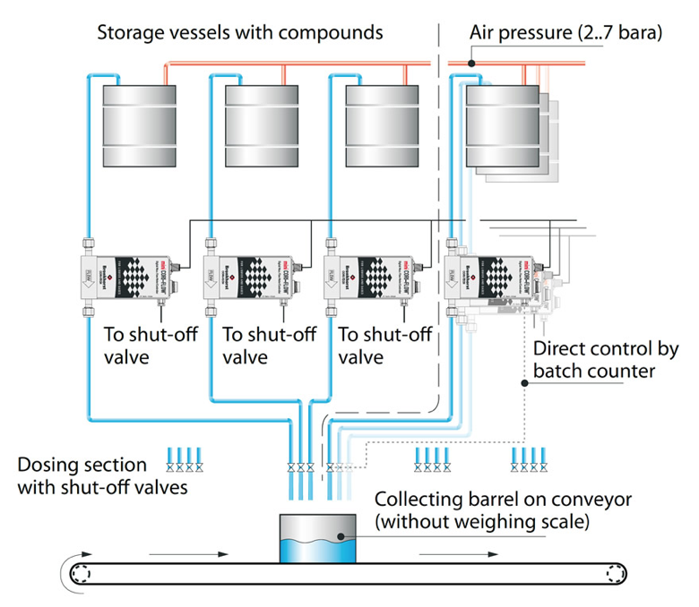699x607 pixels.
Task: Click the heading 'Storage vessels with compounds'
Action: click(x=240, y=33)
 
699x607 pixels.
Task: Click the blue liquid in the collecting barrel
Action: click(x=318, y=546)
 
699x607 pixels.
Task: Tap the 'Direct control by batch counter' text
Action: click(x=606, y=359)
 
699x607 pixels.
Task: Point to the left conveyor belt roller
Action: click(x=82, y=574)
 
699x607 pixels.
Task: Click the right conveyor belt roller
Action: click(x=613, y=574)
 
